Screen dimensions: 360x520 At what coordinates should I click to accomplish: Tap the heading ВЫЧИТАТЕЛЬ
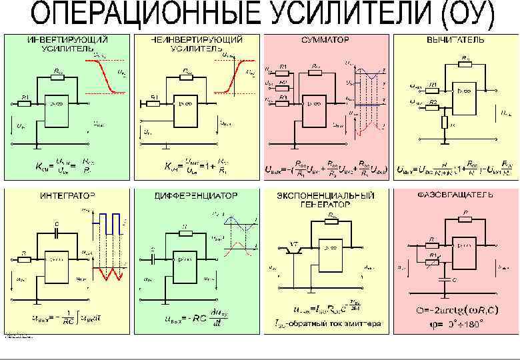[x=456, y=40]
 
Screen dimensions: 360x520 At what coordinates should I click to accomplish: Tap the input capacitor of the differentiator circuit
[x=153, y=255]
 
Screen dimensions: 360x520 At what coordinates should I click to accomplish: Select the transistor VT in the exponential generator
[x=293, y=249]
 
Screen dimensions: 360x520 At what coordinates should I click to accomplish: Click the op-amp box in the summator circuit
[x=313, y=106]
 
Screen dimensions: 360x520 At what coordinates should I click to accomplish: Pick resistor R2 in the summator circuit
[x=283, y=83]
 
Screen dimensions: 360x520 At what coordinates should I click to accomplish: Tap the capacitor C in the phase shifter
[x=443, y=280]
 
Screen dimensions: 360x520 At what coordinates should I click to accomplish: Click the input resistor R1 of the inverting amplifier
[x=25, y=103]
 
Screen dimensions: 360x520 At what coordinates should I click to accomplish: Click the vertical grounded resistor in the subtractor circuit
[x=445, y=123]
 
